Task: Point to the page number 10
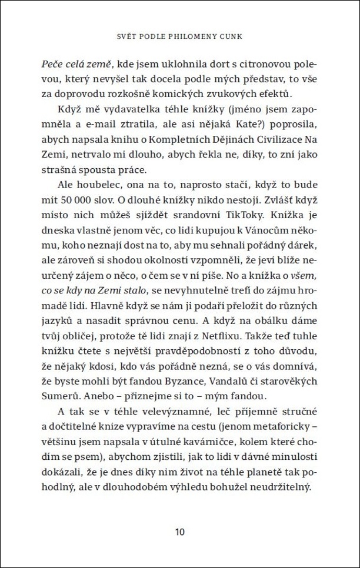click(180, 532)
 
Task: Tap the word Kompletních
click(185, 139)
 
